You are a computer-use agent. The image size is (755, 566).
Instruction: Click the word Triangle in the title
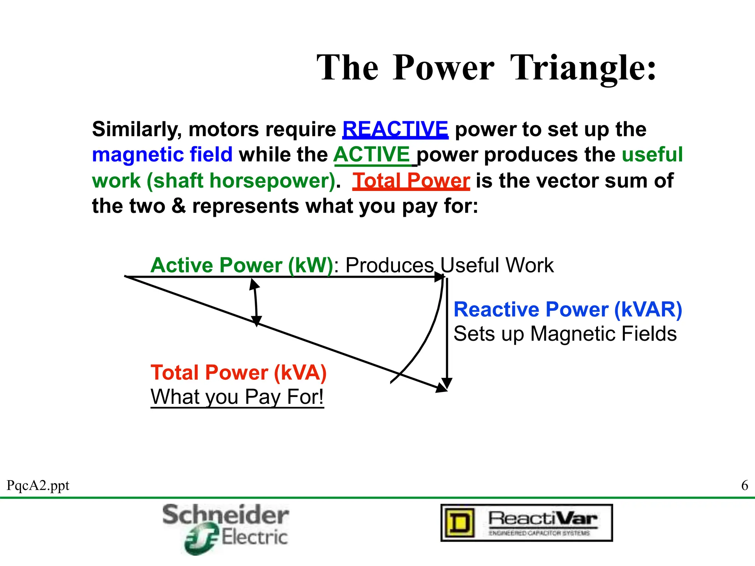584,68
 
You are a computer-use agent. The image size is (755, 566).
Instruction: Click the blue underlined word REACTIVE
395,129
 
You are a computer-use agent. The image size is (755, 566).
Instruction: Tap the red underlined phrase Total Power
411,181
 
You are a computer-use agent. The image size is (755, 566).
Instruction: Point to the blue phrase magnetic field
162,154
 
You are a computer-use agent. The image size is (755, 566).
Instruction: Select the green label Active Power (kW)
242,265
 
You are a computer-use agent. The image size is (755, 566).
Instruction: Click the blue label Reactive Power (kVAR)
568,309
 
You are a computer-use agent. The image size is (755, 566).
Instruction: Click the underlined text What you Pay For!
237,397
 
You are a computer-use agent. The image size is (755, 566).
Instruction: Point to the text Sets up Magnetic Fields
565,334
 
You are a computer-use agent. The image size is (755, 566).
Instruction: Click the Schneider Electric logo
226,528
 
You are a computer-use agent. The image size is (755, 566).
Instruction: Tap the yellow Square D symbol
459,523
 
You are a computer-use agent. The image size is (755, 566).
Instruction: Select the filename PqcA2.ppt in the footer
38,486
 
